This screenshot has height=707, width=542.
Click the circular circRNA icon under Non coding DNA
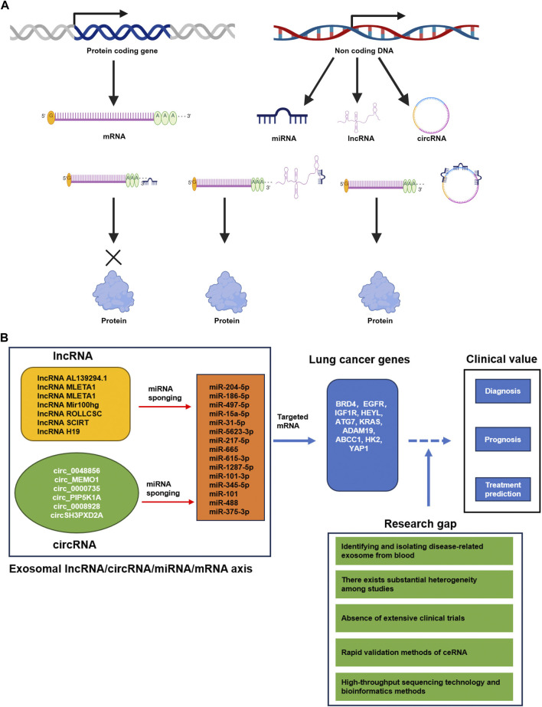coord(431,98)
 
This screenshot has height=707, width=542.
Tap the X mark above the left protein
coord(113,258)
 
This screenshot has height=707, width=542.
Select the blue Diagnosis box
coord(502,391)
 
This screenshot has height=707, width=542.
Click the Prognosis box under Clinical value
coord(502,440)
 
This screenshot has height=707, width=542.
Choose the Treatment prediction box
coord(502,489)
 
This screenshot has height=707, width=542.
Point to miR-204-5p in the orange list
coord(229,387)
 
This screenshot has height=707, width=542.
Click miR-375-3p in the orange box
coord(229,512)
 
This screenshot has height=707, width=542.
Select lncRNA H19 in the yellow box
coord(59,431)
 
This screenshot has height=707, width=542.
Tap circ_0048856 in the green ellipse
coord(77,471)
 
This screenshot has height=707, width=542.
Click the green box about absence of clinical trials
coord(424,618)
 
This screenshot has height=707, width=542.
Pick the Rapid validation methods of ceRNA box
coord(424,652)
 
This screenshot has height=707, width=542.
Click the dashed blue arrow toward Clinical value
coord(429,440)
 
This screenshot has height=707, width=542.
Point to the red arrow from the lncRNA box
coord(165,407)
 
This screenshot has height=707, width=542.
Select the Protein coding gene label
coord(122,51)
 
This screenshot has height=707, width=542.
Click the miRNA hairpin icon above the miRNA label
coord(282,116)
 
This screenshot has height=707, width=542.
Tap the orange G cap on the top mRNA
coord(51,116)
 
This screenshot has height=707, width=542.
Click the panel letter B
coord(4,337)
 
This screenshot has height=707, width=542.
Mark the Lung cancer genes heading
coord(360,359)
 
